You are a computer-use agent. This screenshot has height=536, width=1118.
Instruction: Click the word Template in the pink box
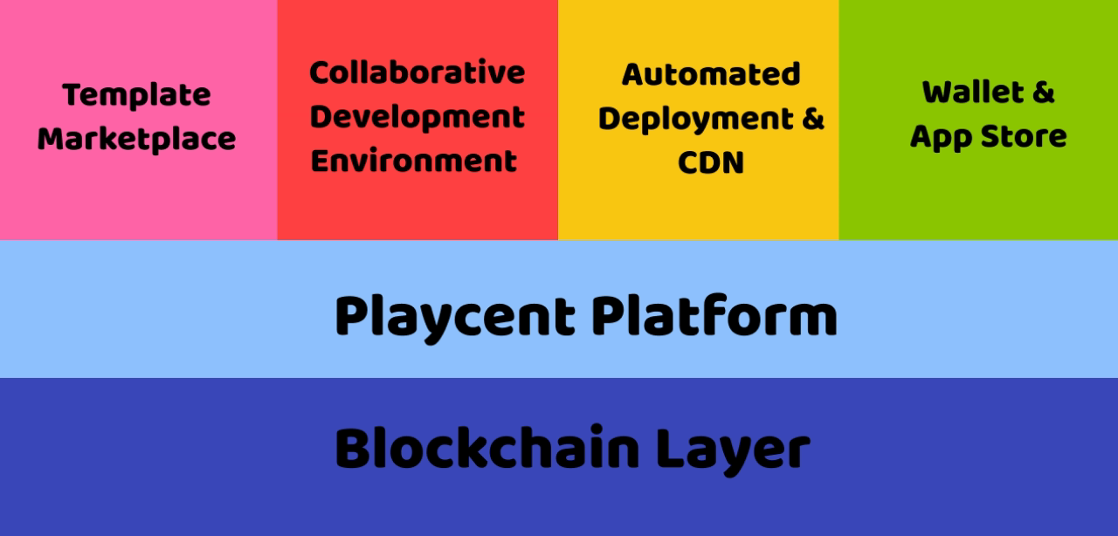coord(136,94)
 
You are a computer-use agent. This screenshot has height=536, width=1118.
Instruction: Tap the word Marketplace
coord(136,139)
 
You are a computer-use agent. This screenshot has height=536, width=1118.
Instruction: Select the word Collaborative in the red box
coord(418,72)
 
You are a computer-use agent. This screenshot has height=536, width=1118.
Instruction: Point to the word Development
coord(418,118)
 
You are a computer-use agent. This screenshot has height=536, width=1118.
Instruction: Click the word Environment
coord(414,161)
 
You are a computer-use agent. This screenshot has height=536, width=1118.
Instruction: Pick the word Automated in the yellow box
coord(711,74)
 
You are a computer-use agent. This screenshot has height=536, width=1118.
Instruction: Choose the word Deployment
coord(694,119)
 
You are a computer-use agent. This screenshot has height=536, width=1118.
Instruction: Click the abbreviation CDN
coord(711,163)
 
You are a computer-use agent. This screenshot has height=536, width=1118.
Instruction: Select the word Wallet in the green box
coord(973,92)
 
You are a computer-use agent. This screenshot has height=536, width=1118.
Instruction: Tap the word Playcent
coord(455,316)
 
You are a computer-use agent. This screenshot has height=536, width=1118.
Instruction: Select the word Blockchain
coord(487,449)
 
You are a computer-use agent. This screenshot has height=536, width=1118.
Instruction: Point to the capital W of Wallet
coord(940,92)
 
